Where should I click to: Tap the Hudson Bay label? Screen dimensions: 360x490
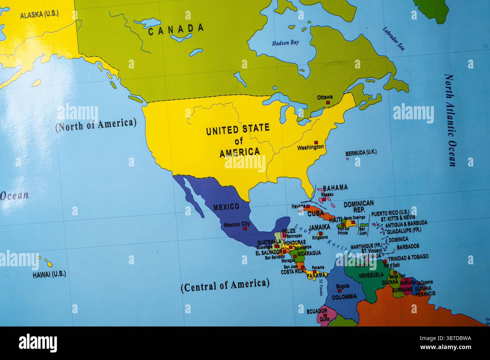285,43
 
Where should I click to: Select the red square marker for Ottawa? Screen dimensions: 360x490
328,102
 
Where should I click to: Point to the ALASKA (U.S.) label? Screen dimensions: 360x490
39,15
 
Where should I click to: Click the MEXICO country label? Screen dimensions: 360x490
226,207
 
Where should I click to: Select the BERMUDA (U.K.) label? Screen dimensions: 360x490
361,153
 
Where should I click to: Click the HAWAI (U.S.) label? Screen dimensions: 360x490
49,275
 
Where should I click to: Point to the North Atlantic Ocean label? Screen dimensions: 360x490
450,120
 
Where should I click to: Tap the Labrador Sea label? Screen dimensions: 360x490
394,38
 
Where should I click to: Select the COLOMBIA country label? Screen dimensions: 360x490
344,297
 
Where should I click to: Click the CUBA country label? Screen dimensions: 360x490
315,214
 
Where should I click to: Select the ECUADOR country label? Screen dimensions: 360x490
317,311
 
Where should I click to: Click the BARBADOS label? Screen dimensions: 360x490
408,246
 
